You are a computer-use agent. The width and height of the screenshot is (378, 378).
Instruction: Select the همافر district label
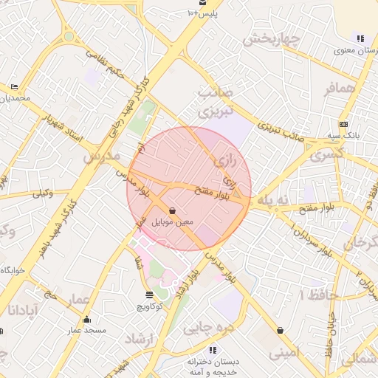click(x=340, y=90)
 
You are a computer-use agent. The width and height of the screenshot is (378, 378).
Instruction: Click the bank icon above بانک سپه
click(x=343, y=124)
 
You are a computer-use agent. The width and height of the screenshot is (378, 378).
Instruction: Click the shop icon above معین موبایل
click(x=172, y=210)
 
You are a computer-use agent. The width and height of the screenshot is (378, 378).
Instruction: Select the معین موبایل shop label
click(x=172, y=221)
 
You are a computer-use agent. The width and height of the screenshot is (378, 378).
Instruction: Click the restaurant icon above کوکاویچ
click(x=150, y=295)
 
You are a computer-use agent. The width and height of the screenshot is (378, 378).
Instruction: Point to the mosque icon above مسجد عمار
click(x=87, y=320)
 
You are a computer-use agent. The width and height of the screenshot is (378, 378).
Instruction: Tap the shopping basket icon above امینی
click(x=280, y=330)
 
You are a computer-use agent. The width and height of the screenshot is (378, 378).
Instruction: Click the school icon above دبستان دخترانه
click(x=213, y=350)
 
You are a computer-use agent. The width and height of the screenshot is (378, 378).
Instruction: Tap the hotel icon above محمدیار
click(x=15, y=87)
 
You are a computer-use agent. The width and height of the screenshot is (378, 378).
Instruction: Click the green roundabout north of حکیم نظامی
click(x=69, y=35)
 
